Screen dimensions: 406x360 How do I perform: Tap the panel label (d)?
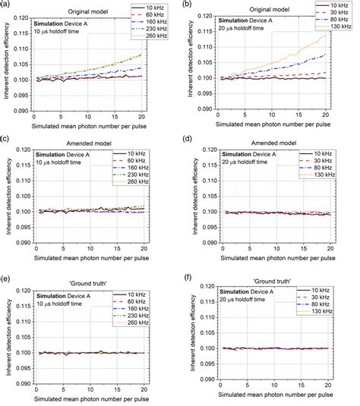191,139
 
